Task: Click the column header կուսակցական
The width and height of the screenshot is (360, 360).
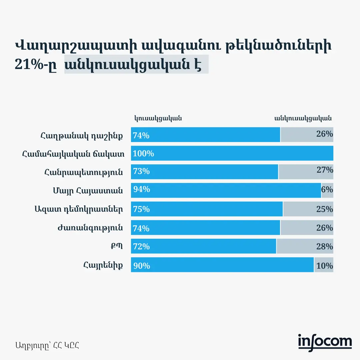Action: [x=158, y=118]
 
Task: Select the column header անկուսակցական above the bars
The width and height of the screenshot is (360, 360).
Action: [x=303, y=118]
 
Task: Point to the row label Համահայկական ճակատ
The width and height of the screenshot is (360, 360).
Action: [x=73, y=154]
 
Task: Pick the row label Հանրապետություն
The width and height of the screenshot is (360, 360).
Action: [x=83, y=173]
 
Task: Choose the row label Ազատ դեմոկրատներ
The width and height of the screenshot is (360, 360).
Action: [x=78, y=209]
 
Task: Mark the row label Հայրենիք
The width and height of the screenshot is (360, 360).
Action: [x=103, y=265]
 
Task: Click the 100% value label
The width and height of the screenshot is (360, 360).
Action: [x=143, y=154]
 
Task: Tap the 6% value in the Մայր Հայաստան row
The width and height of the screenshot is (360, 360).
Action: [x=327, y=190]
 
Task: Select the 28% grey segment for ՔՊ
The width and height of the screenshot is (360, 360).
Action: [x=305, y=246]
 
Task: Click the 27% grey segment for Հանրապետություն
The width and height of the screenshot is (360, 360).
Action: [x=306, y=172]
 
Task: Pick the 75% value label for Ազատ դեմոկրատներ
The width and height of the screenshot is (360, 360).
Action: [x=142, y=209]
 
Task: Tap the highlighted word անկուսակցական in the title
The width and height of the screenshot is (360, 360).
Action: [x=133, y=65]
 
